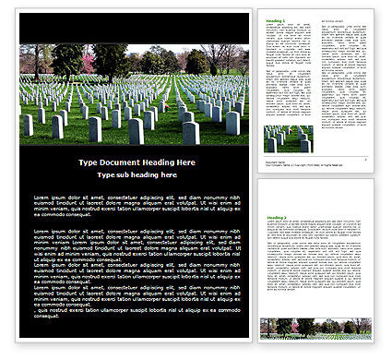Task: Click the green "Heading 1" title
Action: pos(276,19)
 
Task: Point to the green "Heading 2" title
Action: pos(277,218)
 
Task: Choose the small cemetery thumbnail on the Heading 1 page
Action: pos(288,138)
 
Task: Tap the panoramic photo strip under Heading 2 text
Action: pos(316,327)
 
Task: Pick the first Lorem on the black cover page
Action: pos(42,198)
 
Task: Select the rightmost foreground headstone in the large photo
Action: pos(232,123)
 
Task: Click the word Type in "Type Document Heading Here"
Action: pos(88,162)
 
